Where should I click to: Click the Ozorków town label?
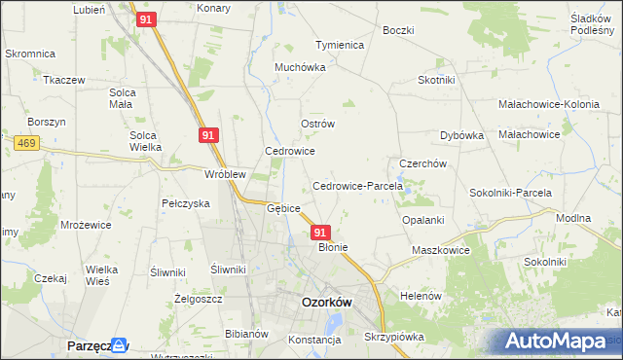point(326,302)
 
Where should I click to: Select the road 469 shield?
point(25,143)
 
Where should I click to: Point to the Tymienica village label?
point(339,45)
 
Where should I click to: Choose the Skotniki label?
point(438,80)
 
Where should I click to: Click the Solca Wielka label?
point(145,141)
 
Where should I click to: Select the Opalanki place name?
point(423,220)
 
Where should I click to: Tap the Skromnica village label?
point(31,54)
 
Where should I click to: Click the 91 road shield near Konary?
point(146,19)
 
